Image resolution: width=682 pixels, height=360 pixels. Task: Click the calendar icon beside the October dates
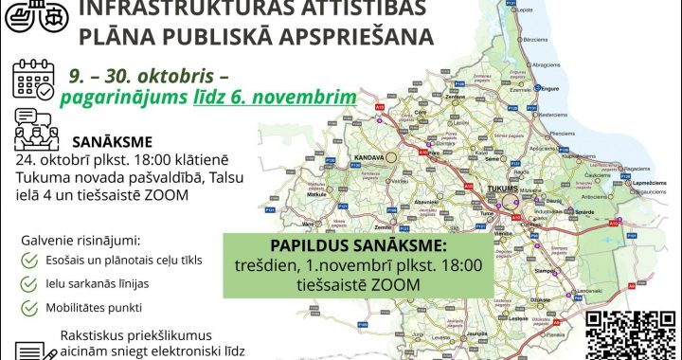pyautogui.click(x=32, y=81)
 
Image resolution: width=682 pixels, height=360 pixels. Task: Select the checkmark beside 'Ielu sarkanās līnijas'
pyautogui.click(x=28, y=283)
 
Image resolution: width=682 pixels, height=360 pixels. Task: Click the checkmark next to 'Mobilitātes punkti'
pyautogui.click(x=28, y=308)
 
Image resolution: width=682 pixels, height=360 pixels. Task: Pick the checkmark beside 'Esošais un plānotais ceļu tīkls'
pyautogui.click(x=28, y=259)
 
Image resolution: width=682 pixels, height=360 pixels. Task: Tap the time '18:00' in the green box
pyautogui.click(x=456, y=264)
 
